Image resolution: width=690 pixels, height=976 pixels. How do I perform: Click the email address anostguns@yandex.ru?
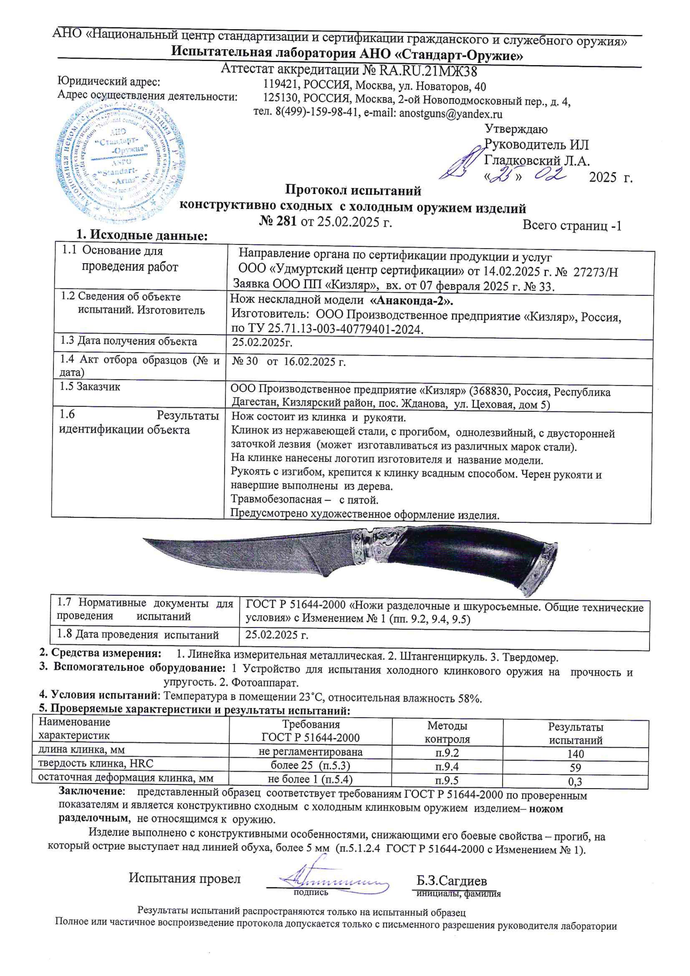450,114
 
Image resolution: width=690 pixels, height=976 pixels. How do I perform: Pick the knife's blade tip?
145,540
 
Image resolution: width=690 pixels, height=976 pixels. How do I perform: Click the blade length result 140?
575,753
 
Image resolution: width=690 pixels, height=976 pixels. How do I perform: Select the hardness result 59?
575,767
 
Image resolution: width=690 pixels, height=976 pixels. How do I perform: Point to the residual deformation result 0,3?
575,781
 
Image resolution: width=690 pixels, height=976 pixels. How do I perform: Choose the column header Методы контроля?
447,732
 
